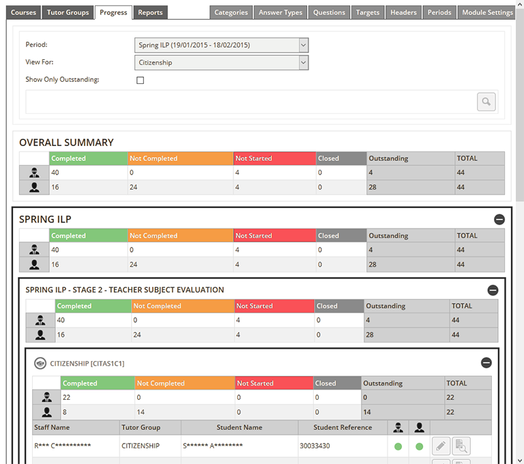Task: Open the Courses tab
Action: point(23,12)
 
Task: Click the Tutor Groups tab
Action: point(68,12)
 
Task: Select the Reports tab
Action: point(150,12)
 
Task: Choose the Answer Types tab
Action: point(280,12)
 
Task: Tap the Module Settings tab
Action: point(487,12)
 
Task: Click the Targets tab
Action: point(368,12)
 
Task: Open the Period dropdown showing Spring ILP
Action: point(222,45)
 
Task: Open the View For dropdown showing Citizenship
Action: point(222,63)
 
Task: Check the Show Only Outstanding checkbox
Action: point(141,80)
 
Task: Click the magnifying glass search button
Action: point(486,102)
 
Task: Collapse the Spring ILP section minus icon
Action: point(499,220)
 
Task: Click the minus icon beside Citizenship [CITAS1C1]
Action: point(486,363)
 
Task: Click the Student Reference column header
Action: point(343,428)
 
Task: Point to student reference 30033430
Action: point(315,446)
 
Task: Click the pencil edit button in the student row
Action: point(441,446)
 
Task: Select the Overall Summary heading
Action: point(66,143)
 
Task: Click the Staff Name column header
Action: point(51,428)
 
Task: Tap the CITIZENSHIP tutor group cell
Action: point(140,446)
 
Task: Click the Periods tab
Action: point(439,12)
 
